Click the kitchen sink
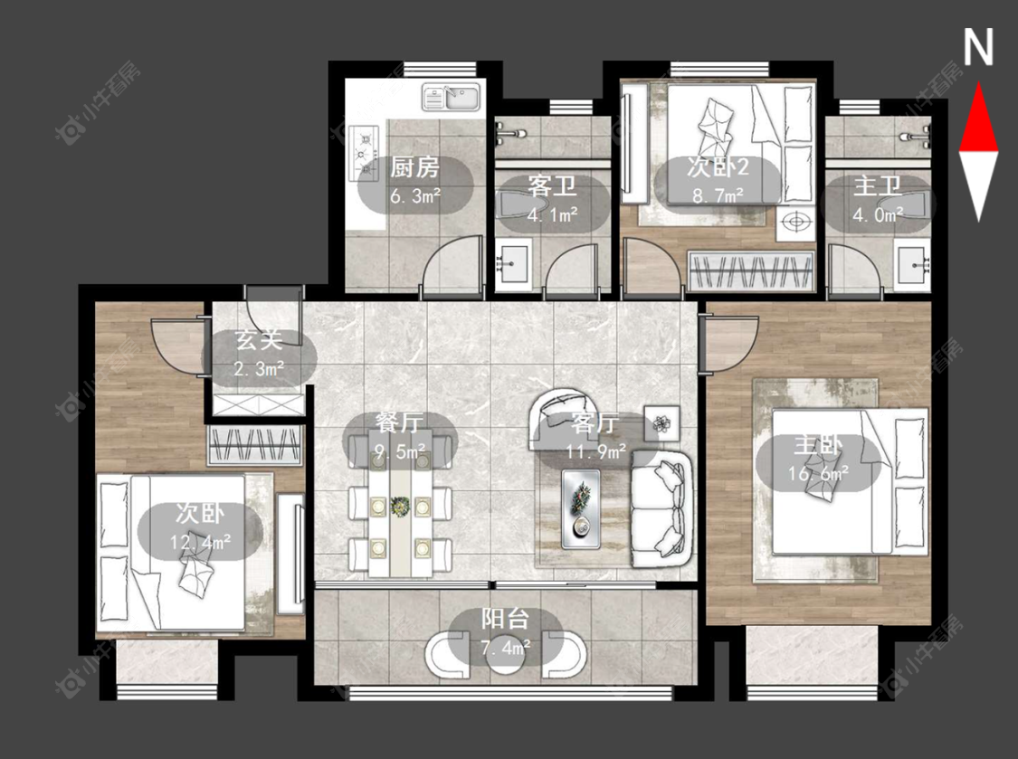click(451, 98)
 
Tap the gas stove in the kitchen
click(365, 153)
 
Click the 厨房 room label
click(414, 168)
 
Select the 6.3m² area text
click(415, 194)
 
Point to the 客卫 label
click(553, 186)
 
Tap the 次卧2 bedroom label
click(718, 167)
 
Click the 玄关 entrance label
click(260, 339)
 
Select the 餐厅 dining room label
click(400, 422)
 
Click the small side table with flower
click(662, 424)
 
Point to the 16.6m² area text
click(819, 473)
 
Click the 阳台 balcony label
click(505, 619)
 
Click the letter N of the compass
click(978, 47)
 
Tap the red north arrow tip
click(978, 82)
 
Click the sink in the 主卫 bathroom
click(913, 264)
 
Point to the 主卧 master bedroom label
click(819, 446)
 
